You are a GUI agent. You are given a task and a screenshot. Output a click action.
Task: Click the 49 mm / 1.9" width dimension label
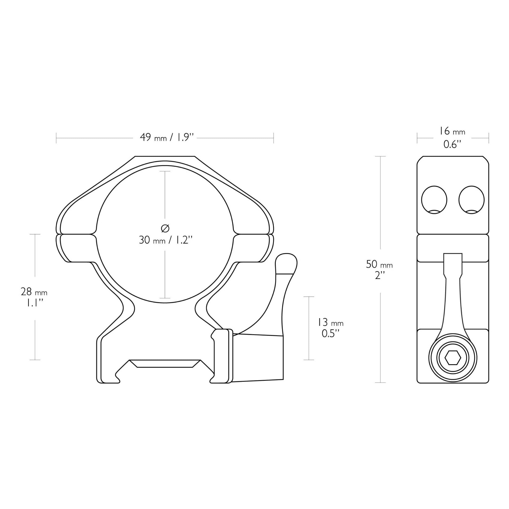(x=165, y=137)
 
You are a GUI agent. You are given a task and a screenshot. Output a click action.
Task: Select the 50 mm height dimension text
(x=379, y=264)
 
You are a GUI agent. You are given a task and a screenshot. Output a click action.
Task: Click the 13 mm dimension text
(x=330, y=322)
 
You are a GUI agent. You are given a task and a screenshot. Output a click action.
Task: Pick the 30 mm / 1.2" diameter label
(x=165, y=240)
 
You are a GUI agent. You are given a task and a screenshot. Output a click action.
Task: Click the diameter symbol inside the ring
(x=165, y=228)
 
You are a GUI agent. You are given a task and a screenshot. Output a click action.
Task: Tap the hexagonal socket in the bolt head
(x=453, y=358)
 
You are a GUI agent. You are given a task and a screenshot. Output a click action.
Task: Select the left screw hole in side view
(x=434, y=200)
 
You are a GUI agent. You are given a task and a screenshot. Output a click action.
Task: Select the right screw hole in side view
(x=471, y=200)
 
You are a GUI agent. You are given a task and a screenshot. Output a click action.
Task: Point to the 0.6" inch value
(x=452, y=144)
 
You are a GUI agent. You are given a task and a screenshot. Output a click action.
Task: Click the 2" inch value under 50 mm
(x=379, y=276)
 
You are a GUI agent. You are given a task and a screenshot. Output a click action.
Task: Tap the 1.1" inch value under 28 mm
(x=34, y=303)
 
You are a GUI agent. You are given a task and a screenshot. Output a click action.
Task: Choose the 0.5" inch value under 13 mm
(x=330, y=334)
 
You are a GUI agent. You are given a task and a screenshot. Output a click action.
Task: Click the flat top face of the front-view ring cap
(x=165, y=157)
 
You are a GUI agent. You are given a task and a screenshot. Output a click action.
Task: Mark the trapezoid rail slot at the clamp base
(x=165, y=364)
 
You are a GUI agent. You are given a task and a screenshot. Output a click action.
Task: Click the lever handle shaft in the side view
(x=453, y=303)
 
